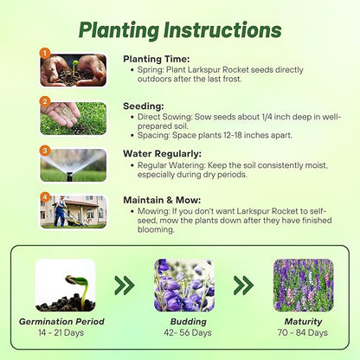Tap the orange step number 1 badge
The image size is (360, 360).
44,54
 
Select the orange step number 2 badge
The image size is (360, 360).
44,101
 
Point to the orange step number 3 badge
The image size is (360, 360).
44,151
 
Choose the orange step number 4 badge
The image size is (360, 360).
44,197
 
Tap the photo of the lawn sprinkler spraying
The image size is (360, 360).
74,165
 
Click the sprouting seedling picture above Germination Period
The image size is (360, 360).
65,285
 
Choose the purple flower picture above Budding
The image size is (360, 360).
183,285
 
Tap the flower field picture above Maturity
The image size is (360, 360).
303,285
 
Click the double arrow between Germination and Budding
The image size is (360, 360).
125,285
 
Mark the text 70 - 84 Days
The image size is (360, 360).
303,332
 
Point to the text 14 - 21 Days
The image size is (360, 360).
62,332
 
